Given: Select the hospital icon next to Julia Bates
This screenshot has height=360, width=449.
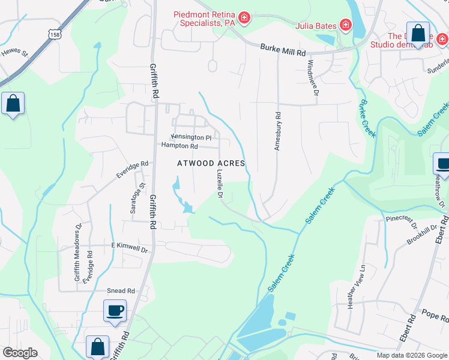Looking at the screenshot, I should click(346, 25).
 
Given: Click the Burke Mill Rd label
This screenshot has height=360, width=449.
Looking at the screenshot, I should click(284, 48).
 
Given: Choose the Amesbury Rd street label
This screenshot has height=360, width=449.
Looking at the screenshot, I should click(278, 131).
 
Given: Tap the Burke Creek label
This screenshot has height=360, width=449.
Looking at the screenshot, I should click(366, 118).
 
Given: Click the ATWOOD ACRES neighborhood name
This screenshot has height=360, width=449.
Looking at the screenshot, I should click(211, 163).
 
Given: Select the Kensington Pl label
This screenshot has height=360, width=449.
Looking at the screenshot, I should click(191, 137).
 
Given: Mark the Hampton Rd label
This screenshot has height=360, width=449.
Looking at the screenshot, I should click(179, 146).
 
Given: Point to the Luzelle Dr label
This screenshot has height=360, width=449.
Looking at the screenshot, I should click(219, 183).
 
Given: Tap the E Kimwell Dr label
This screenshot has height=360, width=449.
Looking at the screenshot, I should click(129, 247).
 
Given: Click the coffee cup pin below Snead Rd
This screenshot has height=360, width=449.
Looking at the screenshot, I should click(115, 311).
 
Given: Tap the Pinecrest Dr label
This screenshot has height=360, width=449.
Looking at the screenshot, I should click(401, 223).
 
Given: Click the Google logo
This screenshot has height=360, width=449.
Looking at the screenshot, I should click(20, 353).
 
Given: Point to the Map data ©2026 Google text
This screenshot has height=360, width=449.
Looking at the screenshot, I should click(411, 355).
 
